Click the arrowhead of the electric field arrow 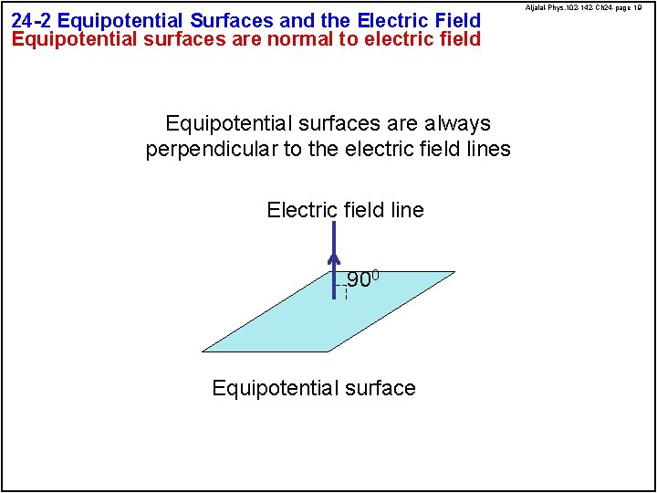point(334,260)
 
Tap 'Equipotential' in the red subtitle point(72,38)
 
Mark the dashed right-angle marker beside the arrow point(342,291)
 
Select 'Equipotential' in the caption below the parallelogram point(269,388)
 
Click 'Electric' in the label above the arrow point(302,210)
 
